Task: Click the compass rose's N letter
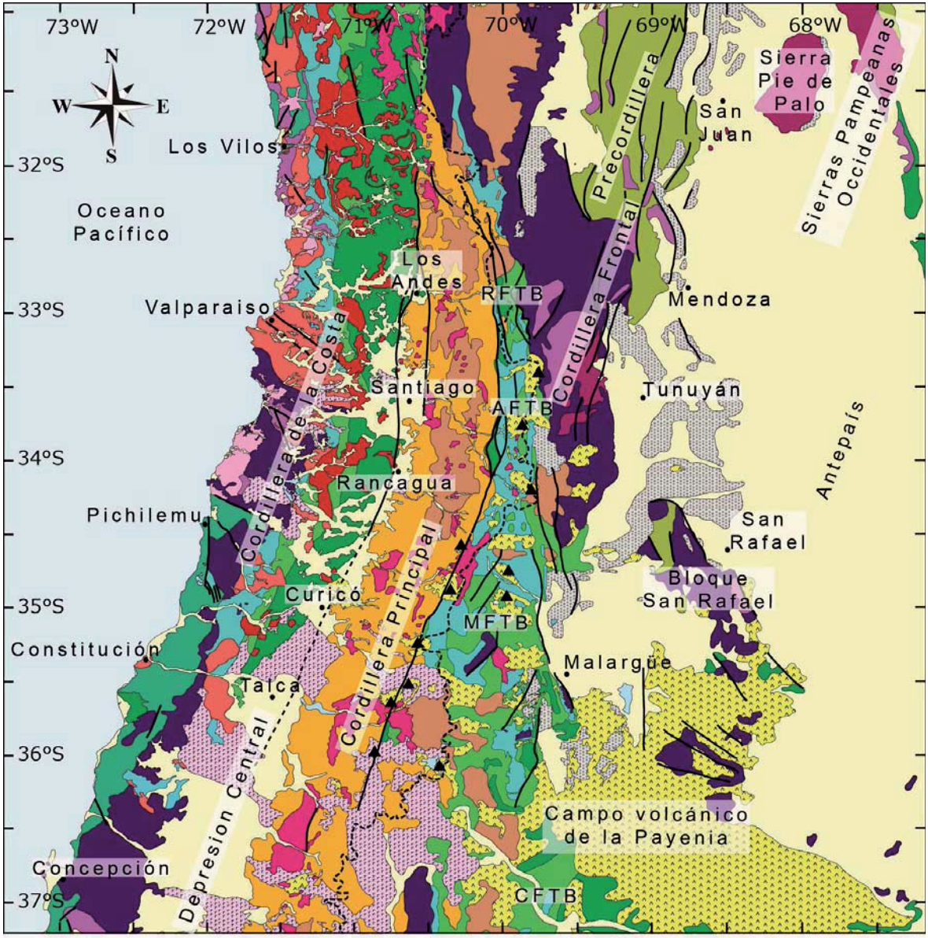pyautogui.click(x=112, y=56)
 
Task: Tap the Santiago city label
pyautogui.click(x=423, y=388)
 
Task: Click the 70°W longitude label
pyautogui.click(x=511, y=25)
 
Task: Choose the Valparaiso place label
pyautogui.click(x=207, y=308)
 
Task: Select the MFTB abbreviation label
pyautogui.click(x=495, y=622)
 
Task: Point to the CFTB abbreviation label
pyautogui.click(x=546, y=896)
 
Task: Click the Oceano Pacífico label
pyautogui.click(x=122, y=223)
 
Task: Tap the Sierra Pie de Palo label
pyautogui.click(x=795, y=81)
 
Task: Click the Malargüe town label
pyautogui.click(x=618, y=662)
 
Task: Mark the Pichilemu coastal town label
pyautogui.click(x=145, y=515)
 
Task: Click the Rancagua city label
pyautogui.click(x=396, y=482)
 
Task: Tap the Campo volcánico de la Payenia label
pyautogui.click(x=646, y=825)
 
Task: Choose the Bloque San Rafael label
pyautogui.click(x=708, y=589)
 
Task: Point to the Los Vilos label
pyautogui.click(x=223, y=147)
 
